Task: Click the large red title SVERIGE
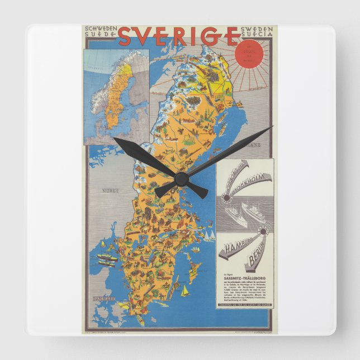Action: (178, 36)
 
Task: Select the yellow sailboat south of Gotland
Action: (186, 290)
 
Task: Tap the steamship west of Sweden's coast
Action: (107, 258)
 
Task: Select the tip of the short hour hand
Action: (115, 139)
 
